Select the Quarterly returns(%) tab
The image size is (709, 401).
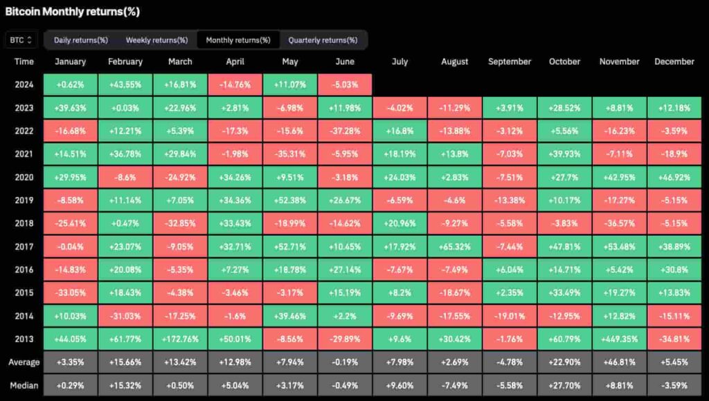point(323,40)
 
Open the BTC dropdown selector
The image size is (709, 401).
point(21,40)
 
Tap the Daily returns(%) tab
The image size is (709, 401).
point(80,40)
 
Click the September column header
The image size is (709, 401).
point(510,62)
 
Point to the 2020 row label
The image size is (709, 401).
point(24,178)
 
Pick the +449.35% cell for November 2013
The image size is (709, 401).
point(619,339)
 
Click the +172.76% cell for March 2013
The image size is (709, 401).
point(180,339)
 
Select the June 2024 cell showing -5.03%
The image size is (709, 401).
point(345,85)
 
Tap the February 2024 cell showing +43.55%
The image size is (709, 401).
point(125,85)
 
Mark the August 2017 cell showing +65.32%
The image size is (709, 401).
point(455,247)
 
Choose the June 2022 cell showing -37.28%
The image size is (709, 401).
point(345,131)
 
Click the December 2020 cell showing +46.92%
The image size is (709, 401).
point(674,178)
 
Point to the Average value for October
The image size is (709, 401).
point(564,362)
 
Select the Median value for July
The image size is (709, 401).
point(400,385)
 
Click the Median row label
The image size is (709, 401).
point(24,385)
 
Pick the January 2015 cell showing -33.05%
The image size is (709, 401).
point(70,293)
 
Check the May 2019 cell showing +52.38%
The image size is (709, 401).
point(290,200)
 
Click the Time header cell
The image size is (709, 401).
point(24,62)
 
